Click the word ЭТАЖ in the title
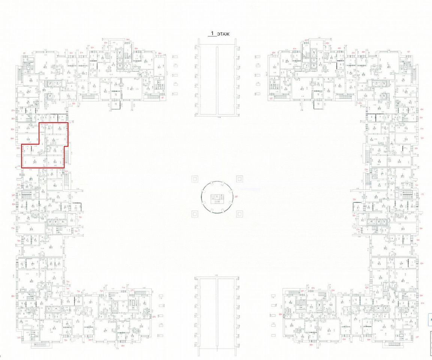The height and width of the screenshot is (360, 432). coord(223,34)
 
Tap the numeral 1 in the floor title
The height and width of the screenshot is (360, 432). coord(212,33)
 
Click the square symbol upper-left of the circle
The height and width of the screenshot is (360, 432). coord(194,178)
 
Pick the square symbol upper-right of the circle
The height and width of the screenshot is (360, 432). coord(239,178)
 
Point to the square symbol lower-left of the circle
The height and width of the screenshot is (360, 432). coord(194,214)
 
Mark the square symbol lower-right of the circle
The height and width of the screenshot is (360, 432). coord(239,214)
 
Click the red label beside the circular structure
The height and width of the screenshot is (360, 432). coord(236,196)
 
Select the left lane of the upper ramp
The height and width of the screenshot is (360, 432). coord(208,79)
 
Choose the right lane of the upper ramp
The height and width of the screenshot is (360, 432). coord(226,79)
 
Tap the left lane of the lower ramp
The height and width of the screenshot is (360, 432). coord(208,317)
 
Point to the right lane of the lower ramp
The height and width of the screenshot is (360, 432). coord(226,317)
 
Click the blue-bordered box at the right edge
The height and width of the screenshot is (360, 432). coord(430,320)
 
